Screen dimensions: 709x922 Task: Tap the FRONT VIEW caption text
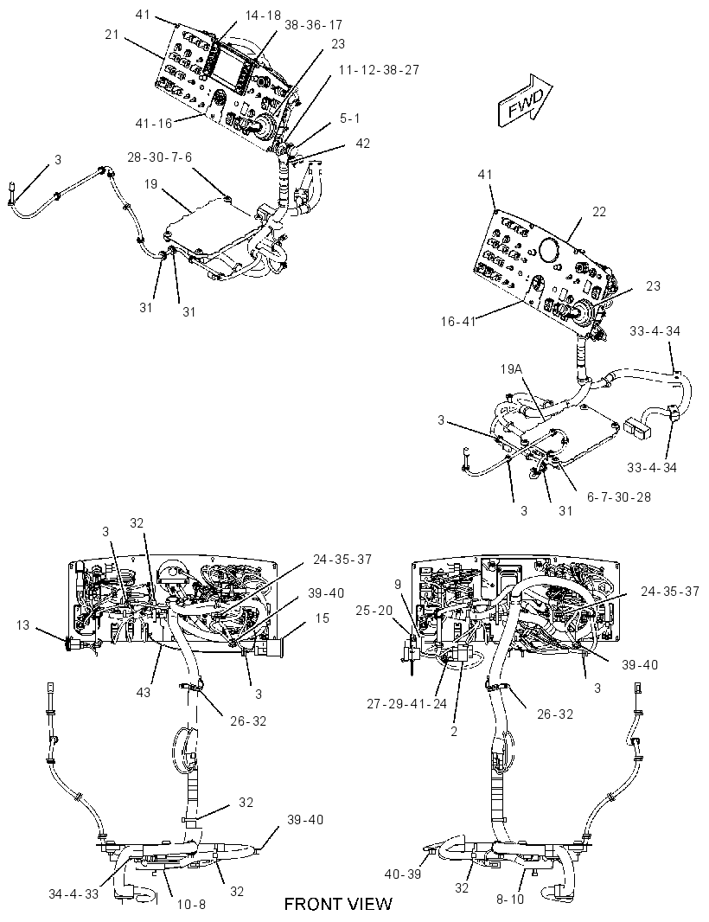338,904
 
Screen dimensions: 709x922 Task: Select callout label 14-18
263,16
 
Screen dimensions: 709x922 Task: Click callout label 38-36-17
313,25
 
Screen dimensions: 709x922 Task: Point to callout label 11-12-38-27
380,70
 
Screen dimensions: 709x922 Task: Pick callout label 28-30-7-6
160,157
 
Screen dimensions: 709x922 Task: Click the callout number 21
112,35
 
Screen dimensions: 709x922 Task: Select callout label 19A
512,368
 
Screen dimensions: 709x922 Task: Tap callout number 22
598,212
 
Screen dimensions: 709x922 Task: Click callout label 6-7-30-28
619,496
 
